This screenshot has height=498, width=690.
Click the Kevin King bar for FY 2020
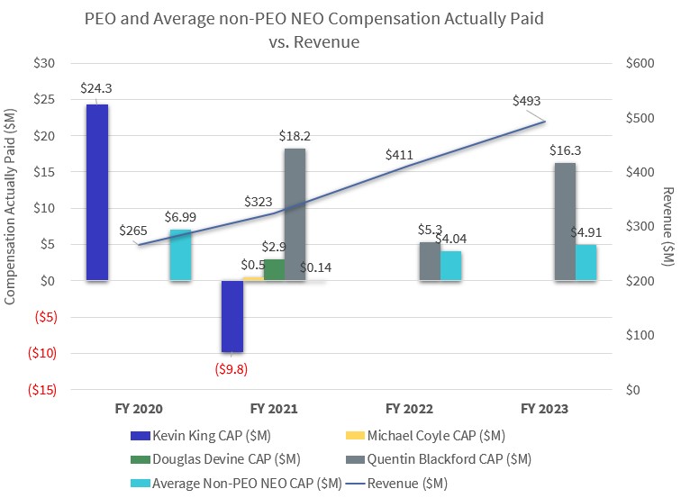(x=97, y=192)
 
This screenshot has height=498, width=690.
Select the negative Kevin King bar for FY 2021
(x=232, y=315)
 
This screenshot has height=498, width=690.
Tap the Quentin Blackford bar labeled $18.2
(x=295, y=214)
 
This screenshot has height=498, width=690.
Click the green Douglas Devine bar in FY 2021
(x=274, y=270)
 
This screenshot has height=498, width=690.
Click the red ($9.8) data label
(x=232, y=367)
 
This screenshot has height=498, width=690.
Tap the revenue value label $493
(x=526, y=101)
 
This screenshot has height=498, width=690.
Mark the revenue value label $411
(x=399, y=155)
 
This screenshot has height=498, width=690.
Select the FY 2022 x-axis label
(x=410, y=408)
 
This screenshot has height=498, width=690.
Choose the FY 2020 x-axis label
(x=140, y=408)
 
